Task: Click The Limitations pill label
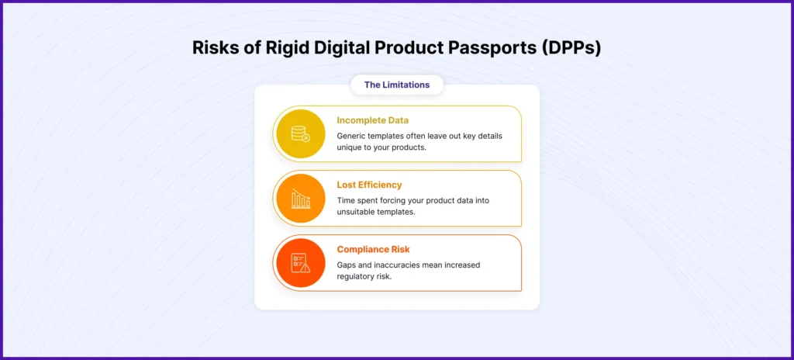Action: click(397, 85)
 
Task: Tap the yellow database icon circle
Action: click(300, 133)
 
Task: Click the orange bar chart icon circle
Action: click(300, 198)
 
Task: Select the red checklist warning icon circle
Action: click(300, 262)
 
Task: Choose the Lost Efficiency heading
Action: click(369, 185)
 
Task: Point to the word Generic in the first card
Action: click(353, 136)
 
